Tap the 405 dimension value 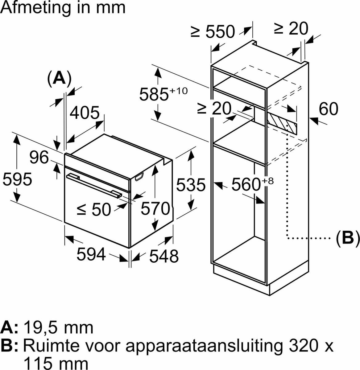pyautogui.click(x=84, y=113)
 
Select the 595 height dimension pyautogui.click(x=17, y=179)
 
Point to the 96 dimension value pyautogui.click(x=39, y=158)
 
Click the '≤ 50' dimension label pyautogui.click(x=93, y=210)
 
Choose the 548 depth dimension pyautogui.click(x=164, y=256)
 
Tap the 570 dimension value pyautogui.click(x=155, y=209)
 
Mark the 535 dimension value pyautogui.click(x=191, y=185)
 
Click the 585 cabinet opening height pyautogui.click(x=154, y=94)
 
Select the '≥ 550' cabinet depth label pyautogui.click(x=213, y=31)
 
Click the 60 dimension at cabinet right pyautogui.click(x=328, y=109)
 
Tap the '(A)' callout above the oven pyautogui.click(x=59, y=78)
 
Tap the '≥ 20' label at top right pyautogui.click(x=291, y=29)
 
